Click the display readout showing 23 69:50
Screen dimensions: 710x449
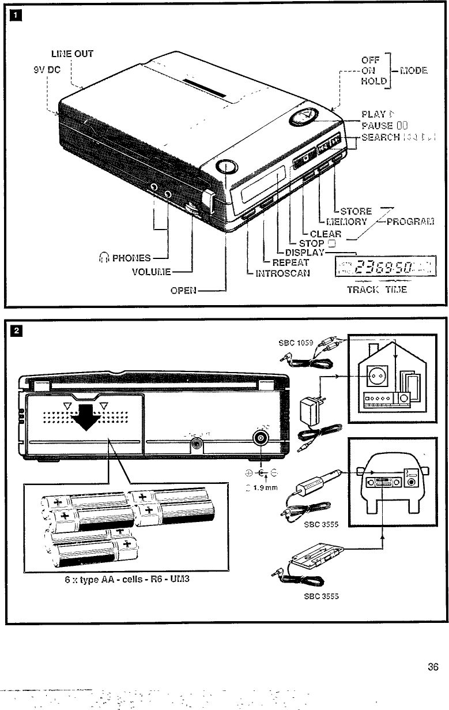[x=383, y=267]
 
